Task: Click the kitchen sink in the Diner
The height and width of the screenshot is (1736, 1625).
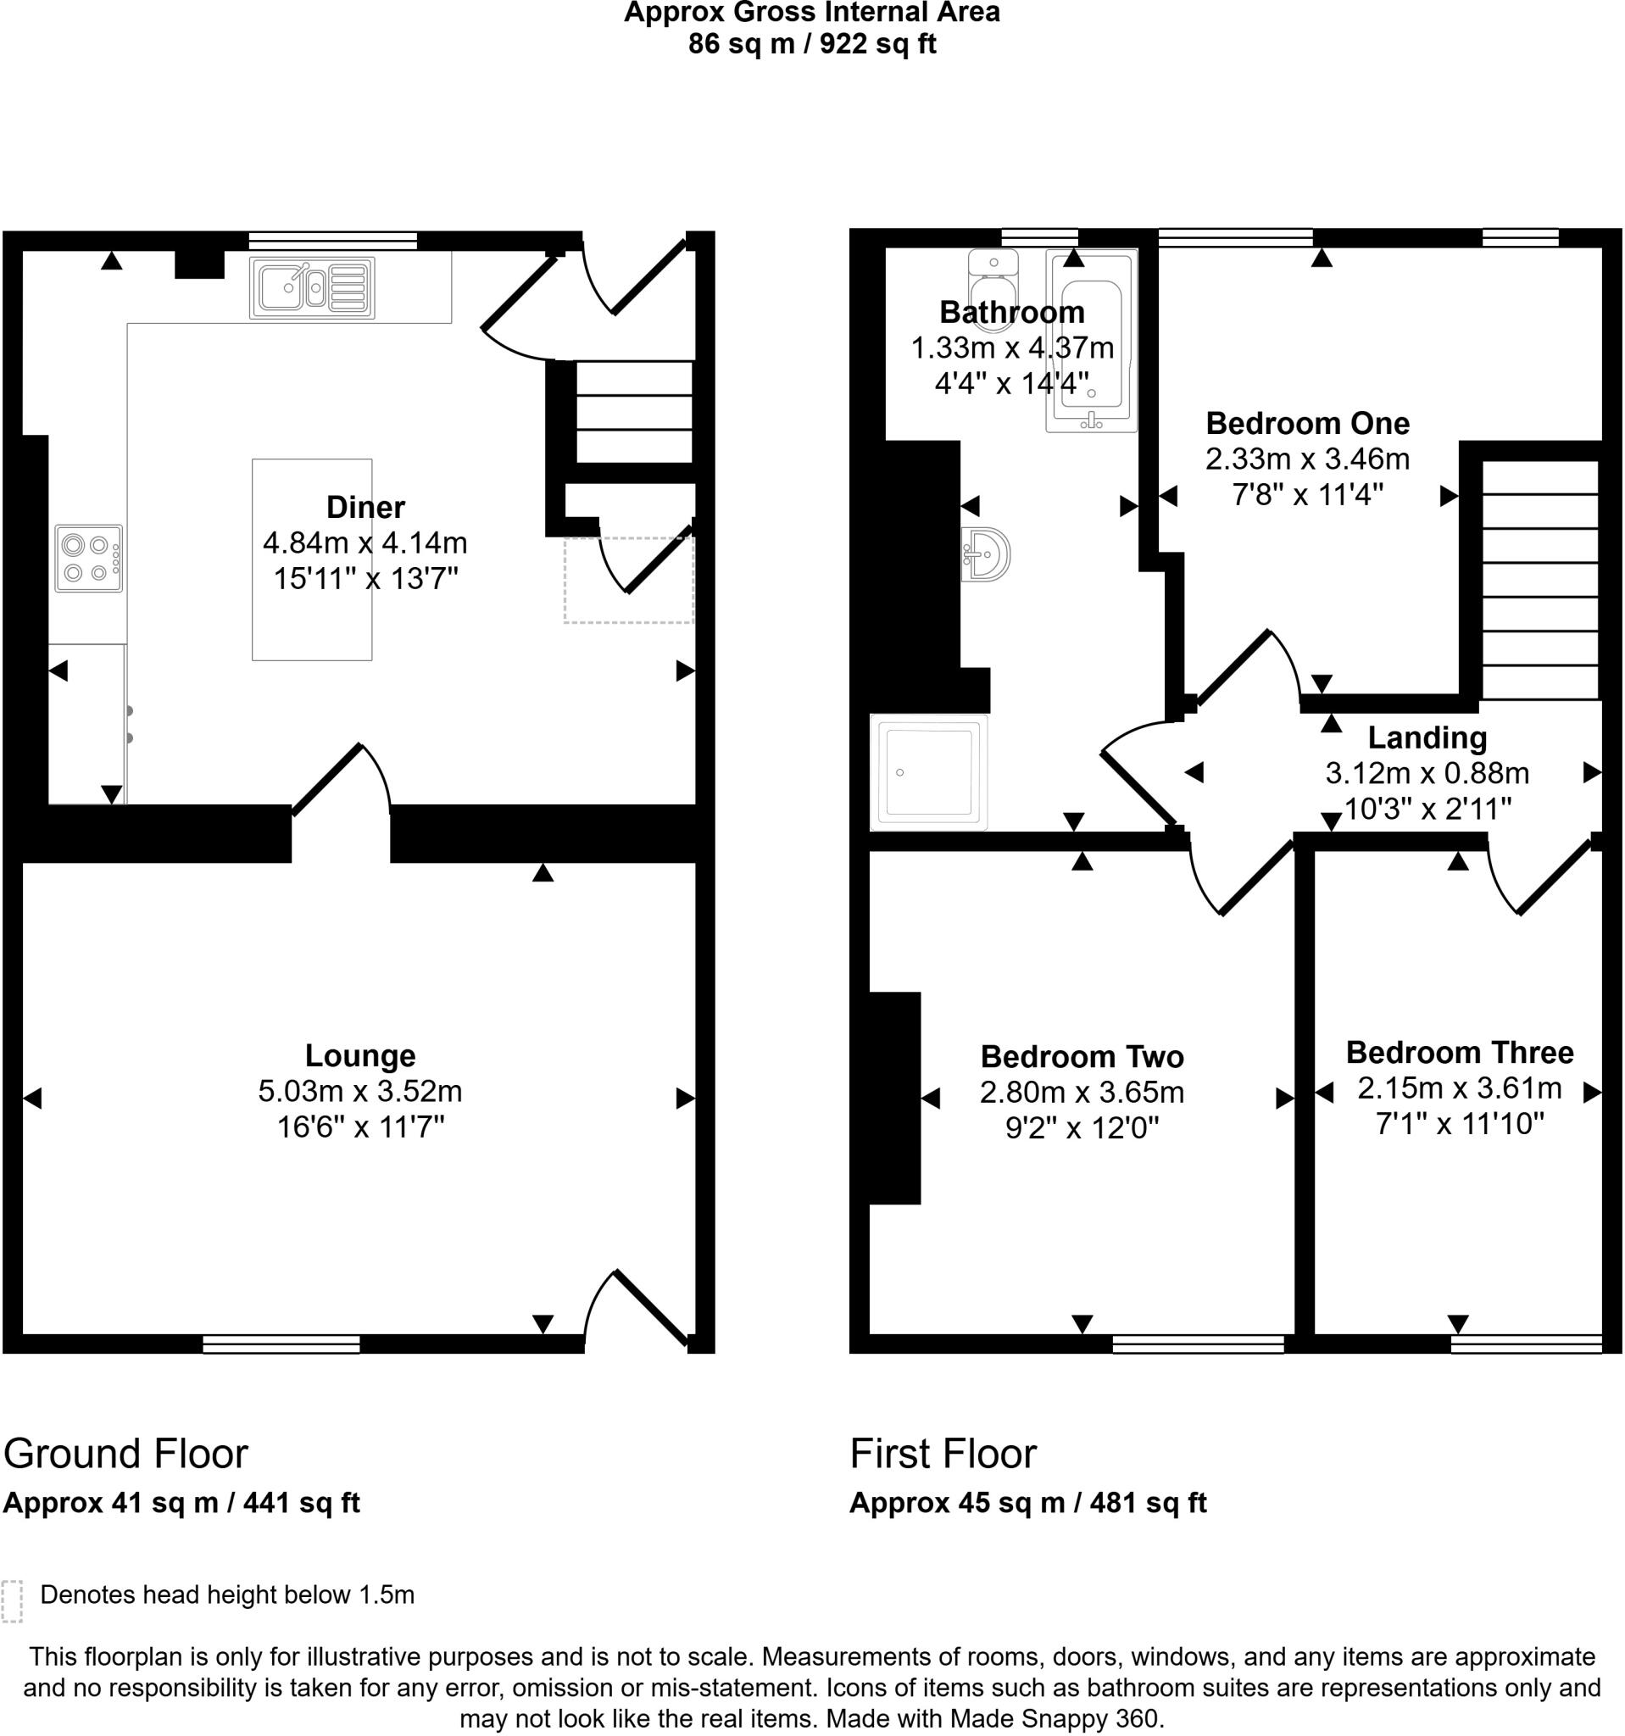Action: coord(312,287)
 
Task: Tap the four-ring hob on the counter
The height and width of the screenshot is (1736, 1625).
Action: coord(88,558)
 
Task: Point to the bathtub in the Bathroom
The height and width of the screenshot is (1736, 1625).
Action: coord(1092,341)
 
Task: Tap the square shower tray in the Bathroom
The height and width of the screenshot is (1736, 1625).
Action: coord(929,772)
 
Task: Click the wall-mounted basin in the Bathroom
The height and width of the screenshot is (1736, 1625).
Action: coord(987,554)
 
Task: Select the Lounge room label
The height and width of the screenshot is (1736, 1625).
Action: coord(359,1054)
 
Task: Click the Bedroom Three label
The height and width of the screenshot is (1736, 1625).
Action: coord(1459,1051)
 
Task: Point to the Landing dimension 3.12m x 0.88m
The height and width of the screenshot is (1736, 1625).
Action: coord(1427,773)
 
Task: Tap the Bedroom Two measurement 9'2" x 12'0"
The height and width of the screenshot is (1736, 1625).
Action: coord(1082,1128)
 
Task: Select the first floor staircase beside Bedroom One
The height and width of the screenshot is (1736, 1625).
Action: coord(1539,580)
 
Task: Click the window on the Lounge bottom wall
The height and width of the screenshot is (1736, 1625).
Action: coord(281,1344)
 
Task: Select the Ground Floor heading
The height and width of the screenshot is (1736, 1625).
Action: coord(125,1454)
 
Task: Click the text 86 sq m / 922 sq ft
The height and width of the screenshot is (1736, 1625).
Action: coord(811,44)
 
